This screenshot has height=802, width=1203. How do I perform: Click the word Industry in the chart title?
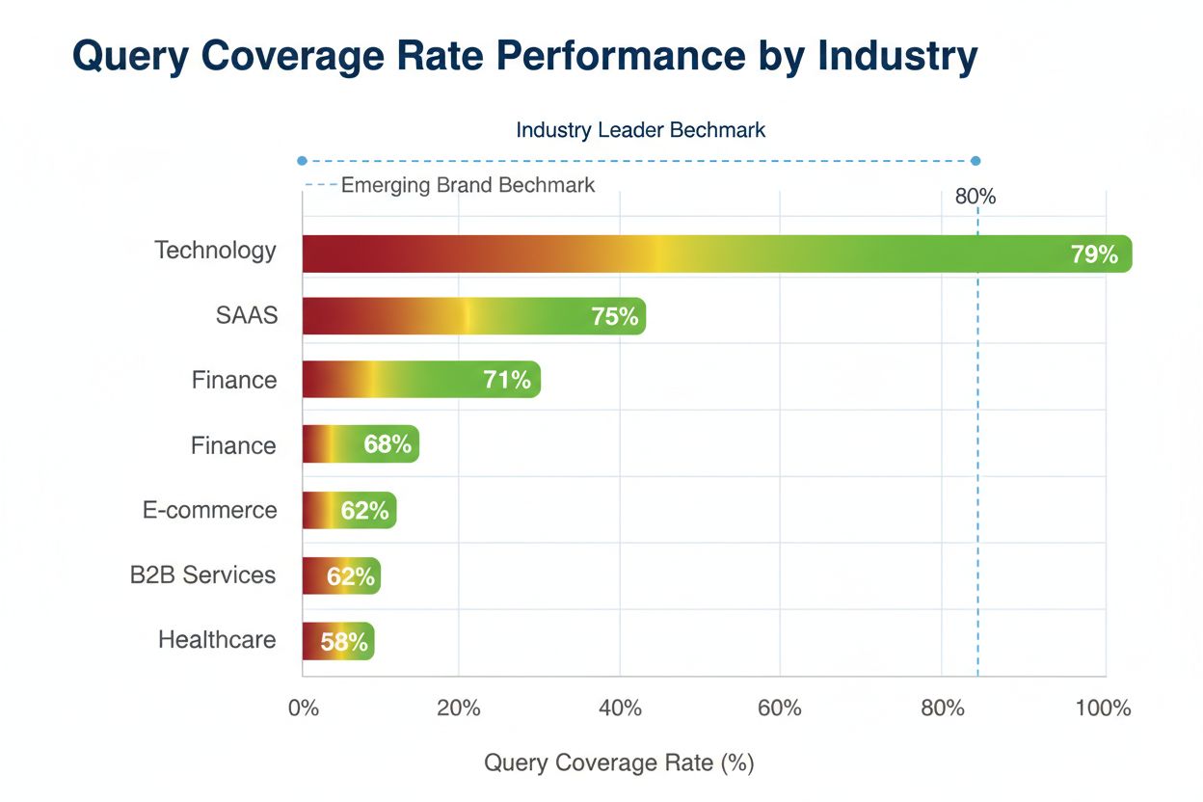pyautogui.click(x=897, y=57)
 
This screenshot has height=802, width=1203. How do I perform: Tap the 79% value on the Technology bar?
pyautogui.click(x=1094, y=254)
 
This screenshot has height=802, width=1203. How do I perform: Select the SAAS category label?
pyautogui.click(x=247, y=315)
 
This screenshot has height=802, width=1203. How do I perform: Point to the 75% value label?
pyautogui.click(x=615, y=316)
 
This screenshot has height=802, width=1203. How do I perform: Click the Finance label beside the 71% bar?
pyautogui.click(x=234, y=380)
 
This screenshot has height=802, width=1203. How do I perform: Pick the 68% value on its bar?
pyautogui.click(x=388, y=444)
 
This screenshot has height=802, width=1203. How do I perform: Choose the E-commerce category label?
pyautogui.click(x=210, y=510)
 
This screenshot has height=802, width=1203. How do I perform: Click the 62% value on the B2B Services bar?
pyautogui.click(x=351, y=576)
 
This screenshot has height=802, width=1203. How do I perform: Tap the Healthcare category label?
pyautogui.click(x=217, y=639)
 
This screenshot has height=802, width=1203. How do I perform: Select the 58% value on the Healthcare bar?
pyautogui.click(x=344, y=642)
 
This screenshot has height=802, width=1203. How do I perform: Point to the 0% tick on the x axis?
pyautogui.click(x=303, y=708)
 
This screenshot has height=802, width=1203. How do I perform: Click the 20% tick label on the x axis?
pyautogui.click(x=459, y=708)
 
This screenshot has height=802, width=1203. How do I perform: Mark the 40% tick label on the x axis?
pyautogui.click(x=620, y=708)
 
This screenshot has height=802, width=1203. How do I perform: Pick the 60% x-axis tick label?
pyautogui.click(x=780, y=708)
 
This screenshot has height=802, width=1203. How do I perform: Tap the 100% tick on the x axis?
pyautogui.click(x=1104, y=708)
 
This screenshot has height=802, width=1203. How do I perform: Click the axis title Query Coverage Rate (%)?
pyautogui.click(x=619, y=762)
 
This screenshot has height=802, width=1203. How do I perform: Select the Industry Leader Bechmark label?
pyautogui.click(x=640, y=130)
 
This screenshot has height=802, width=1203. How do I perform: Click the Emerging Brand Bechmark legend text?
pyautogui.click(x=468, y=185)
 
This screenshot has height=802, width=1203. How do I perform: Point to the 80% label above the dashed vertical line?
pyautogui.click(x=976, y=197)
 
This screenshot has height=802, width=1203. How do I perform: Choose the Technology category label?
pyautogui.click(x=216, y=251)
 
